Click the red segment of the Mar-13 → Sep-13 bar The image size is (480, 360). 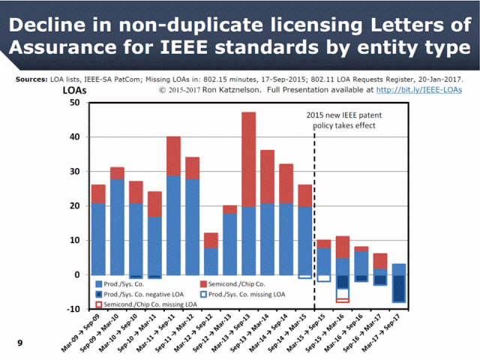click(249, 159)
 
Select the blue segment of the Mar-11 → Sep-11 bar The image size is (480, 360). click(174, 225)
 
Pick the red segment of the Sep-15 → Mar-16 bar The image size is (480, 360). click(342, 247)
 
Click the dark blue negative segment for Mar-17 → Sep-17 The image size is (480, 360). click(399, 289)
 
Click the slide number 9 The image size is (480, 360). click(20, 343)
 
